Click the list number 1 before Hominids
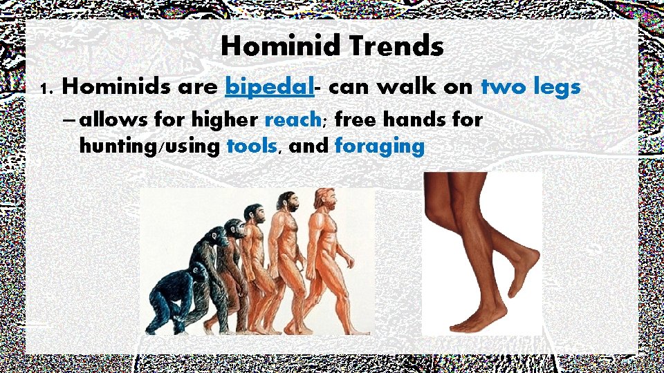[46, 88]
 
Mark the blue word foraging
[379, 146]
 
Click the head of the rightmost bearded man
[324, 198]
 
